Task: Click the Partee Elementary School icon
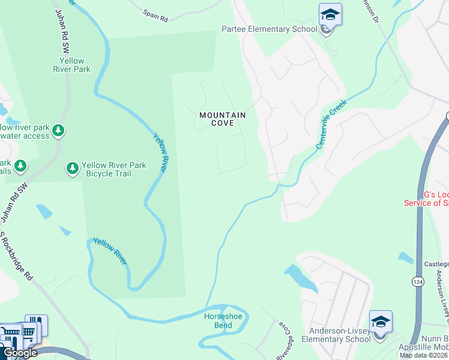tap(330, 14)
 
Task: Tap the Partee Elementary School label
tap(270, 29)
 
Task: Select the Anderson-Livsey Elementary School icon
tap(381, 322)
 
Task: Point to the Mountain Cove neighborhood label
tap(223, 119)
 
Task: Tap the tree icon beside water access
tap(58, 130)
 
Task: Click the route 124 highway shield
tap(418, 281)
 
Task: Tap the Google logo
tap(20, 353)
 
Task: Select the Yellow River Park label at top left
tap(75, 65)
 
